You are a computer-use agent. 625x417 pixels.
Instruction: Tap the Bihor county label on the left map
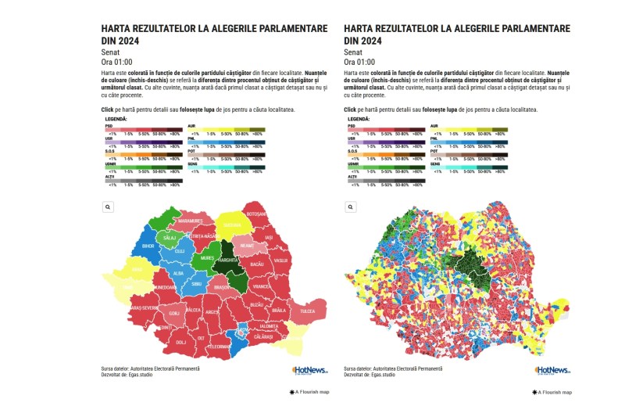click(x=148, y=246)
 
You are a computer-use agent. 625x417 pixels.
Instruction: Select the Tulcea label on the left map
click(x=307, y=311)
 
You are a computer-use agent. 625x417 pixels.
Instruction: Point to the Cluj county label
click(x=180, y=250)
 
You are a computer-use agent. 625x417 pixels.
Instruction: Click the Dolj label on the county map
click(x=180, y=342)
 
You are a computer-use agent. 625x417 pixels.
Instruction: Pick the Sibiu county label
click(x=196, y=284)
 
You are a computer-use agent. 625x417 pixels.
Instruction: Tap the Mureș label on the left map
click(x=206, y=257)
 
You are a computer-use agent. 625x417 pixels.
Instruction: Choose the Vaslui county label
click(x=281, y=260)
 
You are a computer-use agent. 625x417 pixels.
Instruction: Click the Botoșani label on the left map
click(x=256, y=214)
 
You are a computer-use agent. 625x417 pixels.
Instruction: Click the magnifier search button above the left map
click(x=108, y=207)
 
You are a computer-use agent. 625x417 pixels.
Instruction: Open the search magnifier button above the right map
click(x=350, y=207)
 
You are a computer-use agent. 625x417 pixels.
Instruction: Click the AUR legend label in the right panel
click(x=434, y=125)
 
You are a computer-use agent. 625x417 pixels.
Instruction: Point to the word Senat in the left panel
click(x=112, y=52)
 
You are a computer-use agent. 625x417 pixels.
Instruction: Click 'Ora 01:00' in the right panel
click(x=359, y=62)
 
